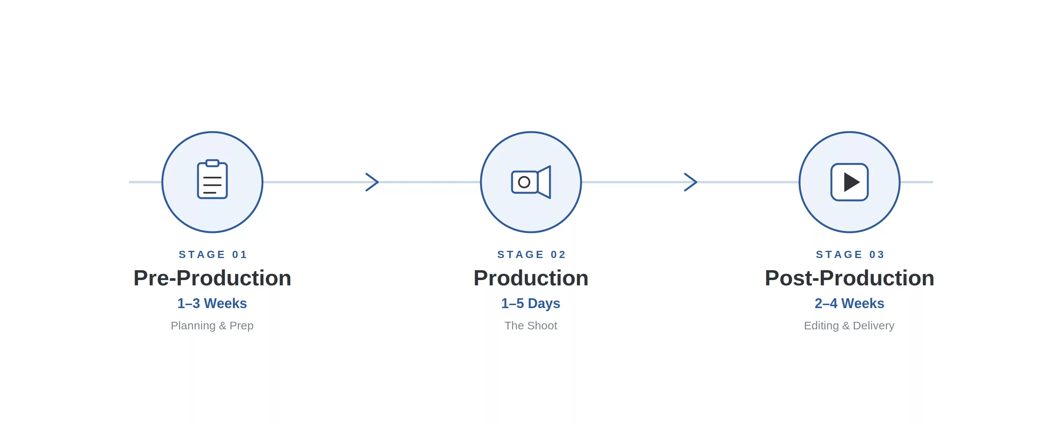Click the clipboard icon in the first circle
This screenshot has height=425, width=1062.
click(212, 179)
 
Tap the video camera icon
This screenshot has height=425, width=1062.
click(531, 182)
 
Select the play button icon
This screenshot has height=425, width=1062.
click(849, 182)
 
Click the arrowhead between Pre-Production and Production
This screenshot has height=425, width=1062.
click(372, 182)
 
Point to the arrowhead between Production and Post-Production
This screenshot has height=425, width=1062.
click(691, 182)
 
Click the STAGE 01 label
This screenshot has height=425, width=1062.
click(213, 255)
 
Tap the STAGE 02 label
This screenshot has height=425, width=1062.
click(531, 255)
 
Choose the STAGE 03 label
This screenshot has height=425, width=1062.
click(850, 255)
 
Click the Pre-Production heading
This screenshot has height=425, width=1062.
click(212, 278)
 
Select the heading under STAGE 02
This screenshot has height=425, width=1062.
click(531, 278)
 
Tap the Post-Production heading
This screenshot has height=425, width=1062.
click(849, 278)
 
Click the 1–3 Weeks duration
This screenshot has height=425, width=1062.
click(212, 303)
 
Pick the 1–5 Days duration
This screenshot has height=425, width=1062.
click(531, 304)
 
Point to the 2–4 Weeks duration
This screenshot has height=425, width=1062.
click(849, 303)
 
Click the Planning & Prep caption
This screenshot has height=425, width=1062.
click(212, 326)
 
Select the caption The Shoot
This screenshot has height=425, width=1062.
click(531, 326)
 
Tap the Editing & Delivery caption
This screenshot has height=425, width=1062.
click(849, 326)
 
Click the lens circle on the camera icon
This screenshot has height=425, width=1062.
click(524, 182)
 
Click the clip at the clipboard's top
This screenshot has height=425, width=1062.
click(212, 163)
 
